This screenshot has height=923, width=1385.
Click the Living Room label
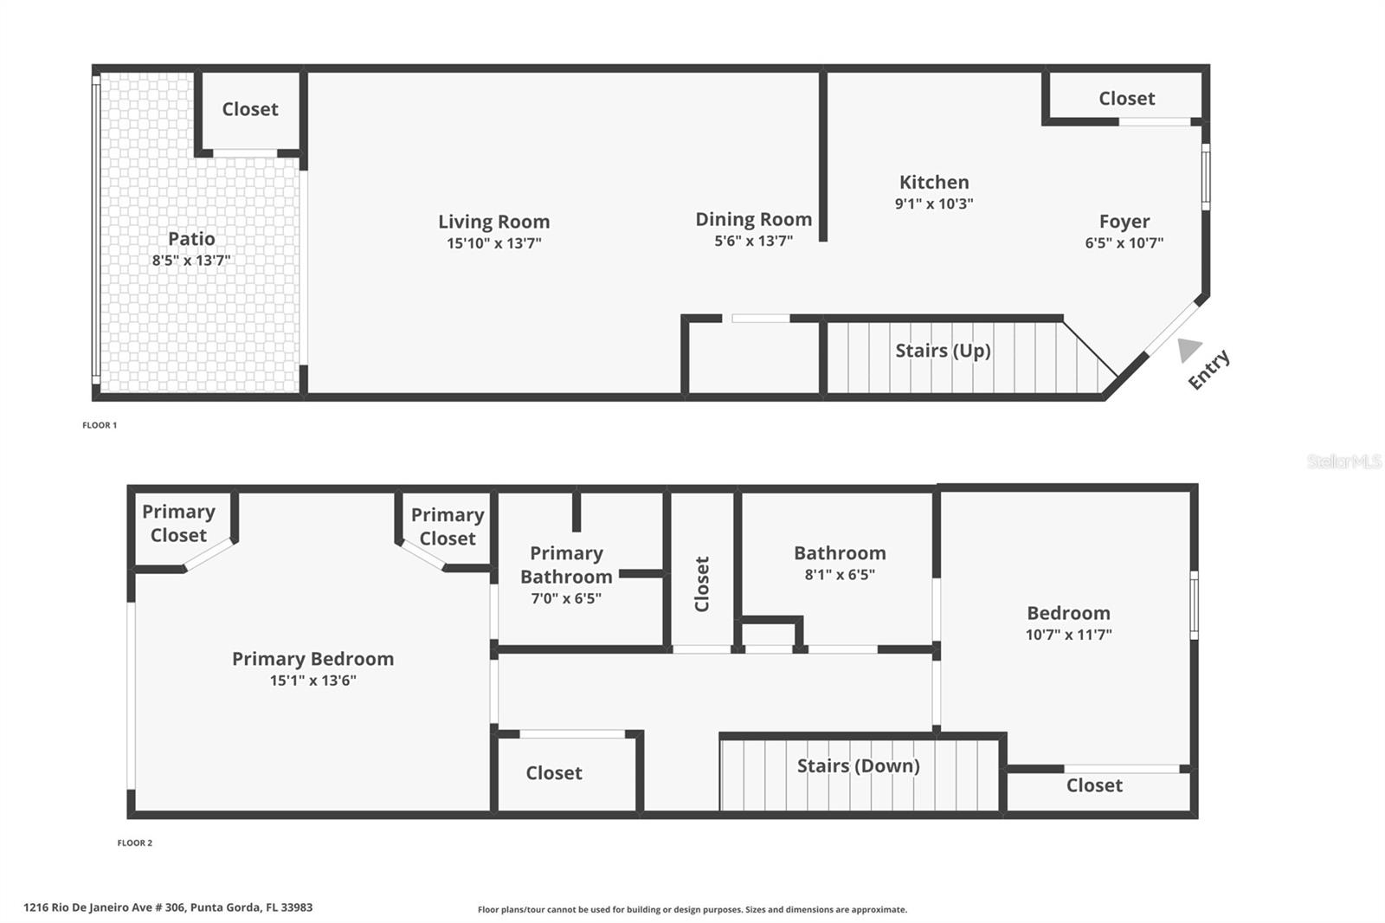click(494, 222)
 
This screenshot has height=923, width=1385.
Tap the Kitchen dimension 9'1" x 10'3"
click(934, 203)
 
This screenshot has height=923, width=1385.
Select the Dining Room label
click(754, 219)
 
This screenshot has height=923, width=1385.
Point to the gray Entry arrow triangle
click(1189, 350)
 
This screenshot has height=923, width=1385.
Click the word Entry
click(1208, 370)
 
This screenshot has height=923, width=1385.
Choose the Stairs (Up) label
click(943, 351)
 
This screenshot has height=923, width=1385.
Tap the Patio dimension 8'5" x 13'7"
click(191, 260)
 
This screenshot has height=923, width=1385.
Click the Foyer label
click(1124, 222)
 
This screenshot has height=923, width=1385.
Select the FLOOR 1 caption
click(100, 425)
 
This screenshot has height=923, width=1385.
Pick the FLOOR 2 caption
click(135, 842)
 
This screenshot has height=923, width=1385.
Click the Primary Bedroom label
click(312, 659)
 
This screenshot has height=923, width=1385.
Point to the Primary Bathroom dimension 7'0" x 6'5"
click(566, 598)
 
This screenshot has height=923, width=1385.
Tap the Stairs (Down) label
click(858, 766)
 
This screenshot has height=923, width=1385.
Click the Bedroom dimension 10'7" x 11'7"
click(1068, 635)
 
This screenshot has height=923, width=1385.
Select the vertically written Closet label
click(702, 584)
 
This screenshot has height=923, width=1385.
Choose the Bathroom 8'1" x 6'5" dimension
click(840, 575)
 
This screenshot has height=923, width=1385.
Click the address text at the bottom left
click(168, 907)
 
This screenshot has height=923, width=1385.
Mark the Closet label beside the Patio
click(250, 109)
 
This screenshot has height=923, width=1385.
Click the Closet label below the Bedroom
click(1094, 785)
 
